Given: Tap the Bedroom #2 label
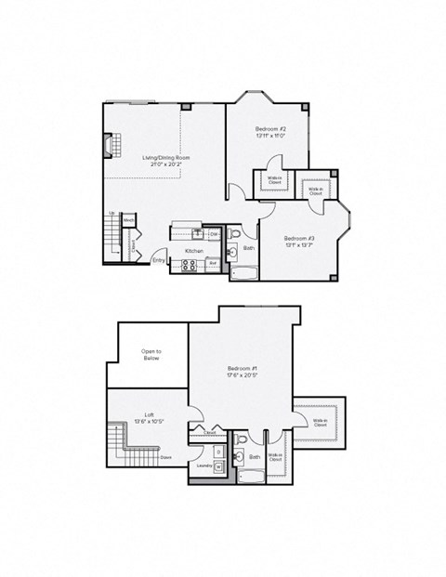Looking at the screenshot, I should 269,132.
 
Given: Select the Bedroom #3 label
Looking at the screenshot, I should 300,242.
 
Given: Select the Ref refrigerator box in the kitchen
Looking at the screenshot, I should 212,263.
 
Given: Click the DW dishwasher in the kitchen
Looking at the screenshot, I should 213,234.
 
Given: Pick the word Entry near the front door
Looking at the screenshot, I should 159,261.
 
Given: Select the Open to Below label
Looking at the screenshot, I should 151,355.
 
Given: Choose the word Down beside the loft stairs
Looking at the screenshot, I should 165,456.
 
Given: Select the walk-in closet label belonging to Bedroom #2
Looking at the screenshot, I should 275,182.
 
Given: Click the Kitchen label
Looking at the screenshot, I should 193,251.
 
